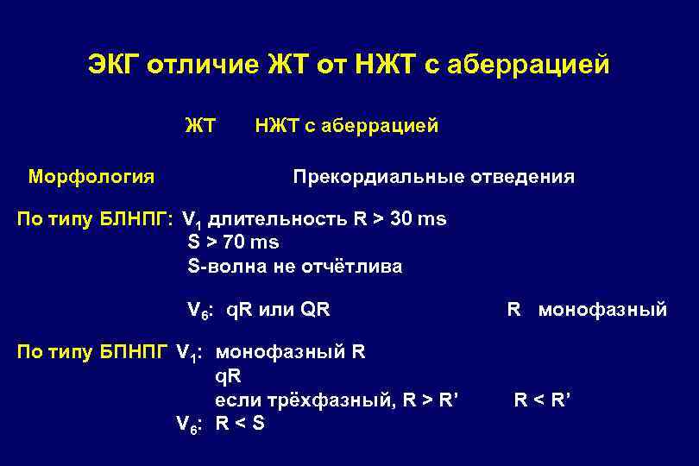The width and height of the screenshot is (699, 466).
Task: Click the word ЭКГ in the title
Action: click(x=113, y=66)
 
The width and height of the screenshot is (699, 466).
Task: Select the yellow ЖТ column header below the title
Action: click(x=200, y=126)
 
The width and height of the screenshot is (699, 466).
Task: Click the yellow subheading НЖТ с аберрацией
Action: click(x=346, y=126)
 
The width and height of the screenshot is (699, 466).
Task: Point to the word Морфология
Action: click(x=91, y=177)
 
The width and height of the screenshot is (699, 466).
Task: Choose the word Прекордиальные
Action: click(x=379, y=177)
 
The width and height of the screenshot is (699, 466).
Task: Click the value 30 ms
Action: click(x=419, y=219)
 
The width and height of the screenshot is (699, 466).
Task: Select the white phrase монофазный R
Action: click(x=290, y=352)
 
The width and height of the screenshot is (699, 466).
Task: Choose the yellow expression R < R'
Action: click(x=543, y=400)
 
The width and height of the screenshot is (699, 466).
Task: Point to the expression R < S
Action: click(x=240, y=424)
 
